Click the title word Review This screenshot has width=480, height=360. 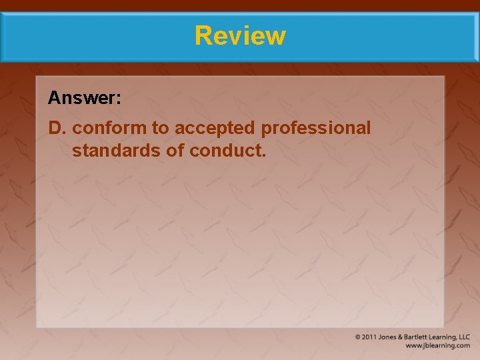tap(240, 35)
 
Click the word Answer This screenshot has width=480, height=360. tap(82, 99)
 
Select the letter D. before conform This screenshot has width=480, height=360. tap(57, 128)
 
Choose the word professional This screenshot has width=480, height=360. tap(316, 128)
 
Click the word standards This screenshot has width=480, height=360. tap(116, 151)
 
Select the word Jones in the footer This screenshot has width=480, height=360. tap(389, 337)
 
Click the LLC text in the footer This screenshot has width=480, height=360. tap(464, 337)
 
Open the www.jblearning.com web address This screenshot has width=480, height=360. tap(438, 346)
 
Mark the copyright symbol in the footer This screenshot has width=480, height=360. tap(359, 337)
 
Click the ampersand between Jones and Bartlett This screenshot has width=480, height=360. tap(401, 337)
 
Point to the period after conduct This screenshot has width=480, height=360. tap(264, 155)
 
